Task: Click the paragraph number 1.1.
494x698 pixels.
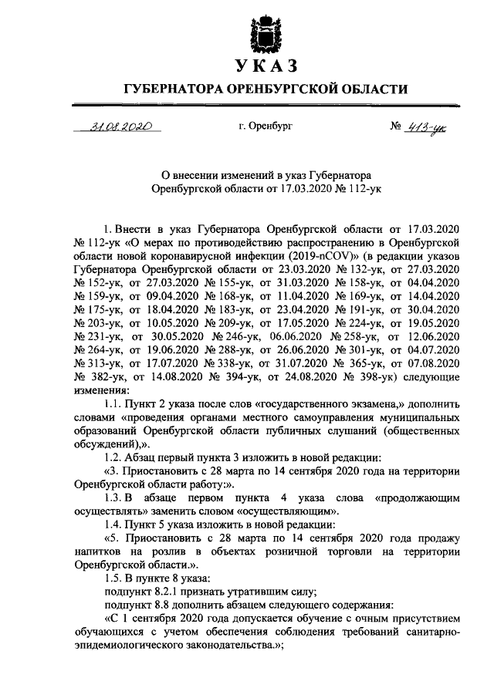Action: pyautogui.click(x=113, y=404)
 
